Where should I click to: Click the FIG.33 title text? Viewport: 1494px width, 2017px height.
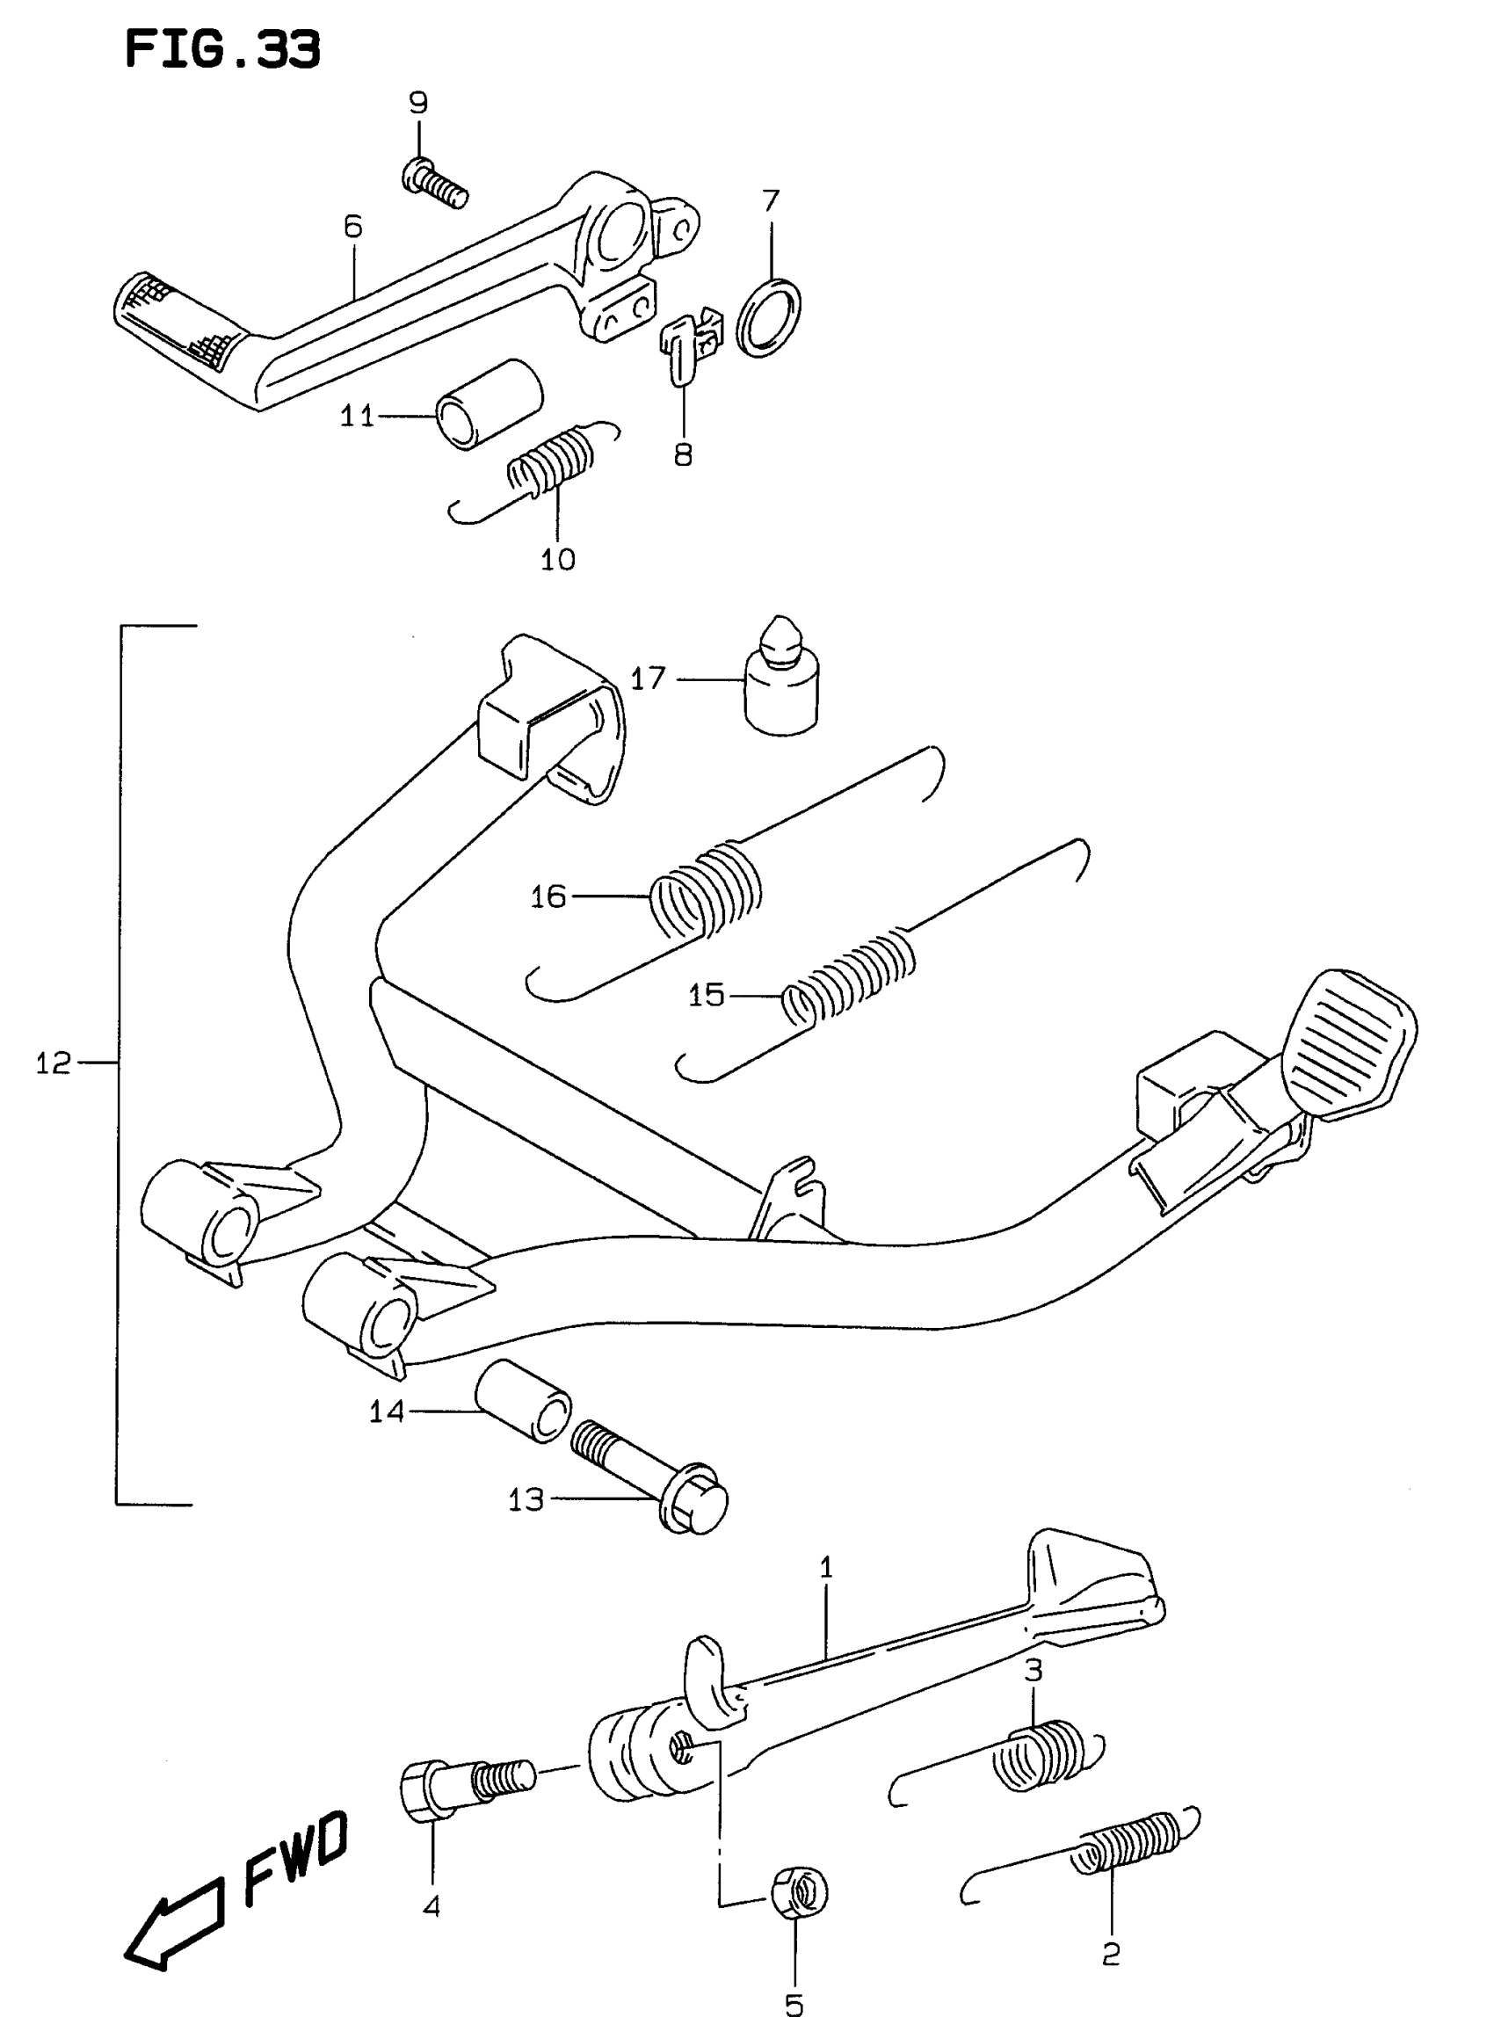pos(221,51)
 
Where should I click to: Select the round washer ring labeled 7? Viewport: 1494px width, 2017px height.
pos(769,317)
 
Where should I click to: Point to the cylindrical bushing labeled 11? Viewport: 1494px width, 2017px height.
pos(490,403)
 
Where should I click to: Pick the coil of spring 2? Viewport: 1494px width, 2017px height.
pos(1126,1845)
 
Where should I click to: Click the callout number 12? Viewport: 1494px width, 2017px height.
pos(54,1063)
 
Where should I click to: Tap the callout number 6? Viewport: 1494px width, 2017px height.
pos(352,226)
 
